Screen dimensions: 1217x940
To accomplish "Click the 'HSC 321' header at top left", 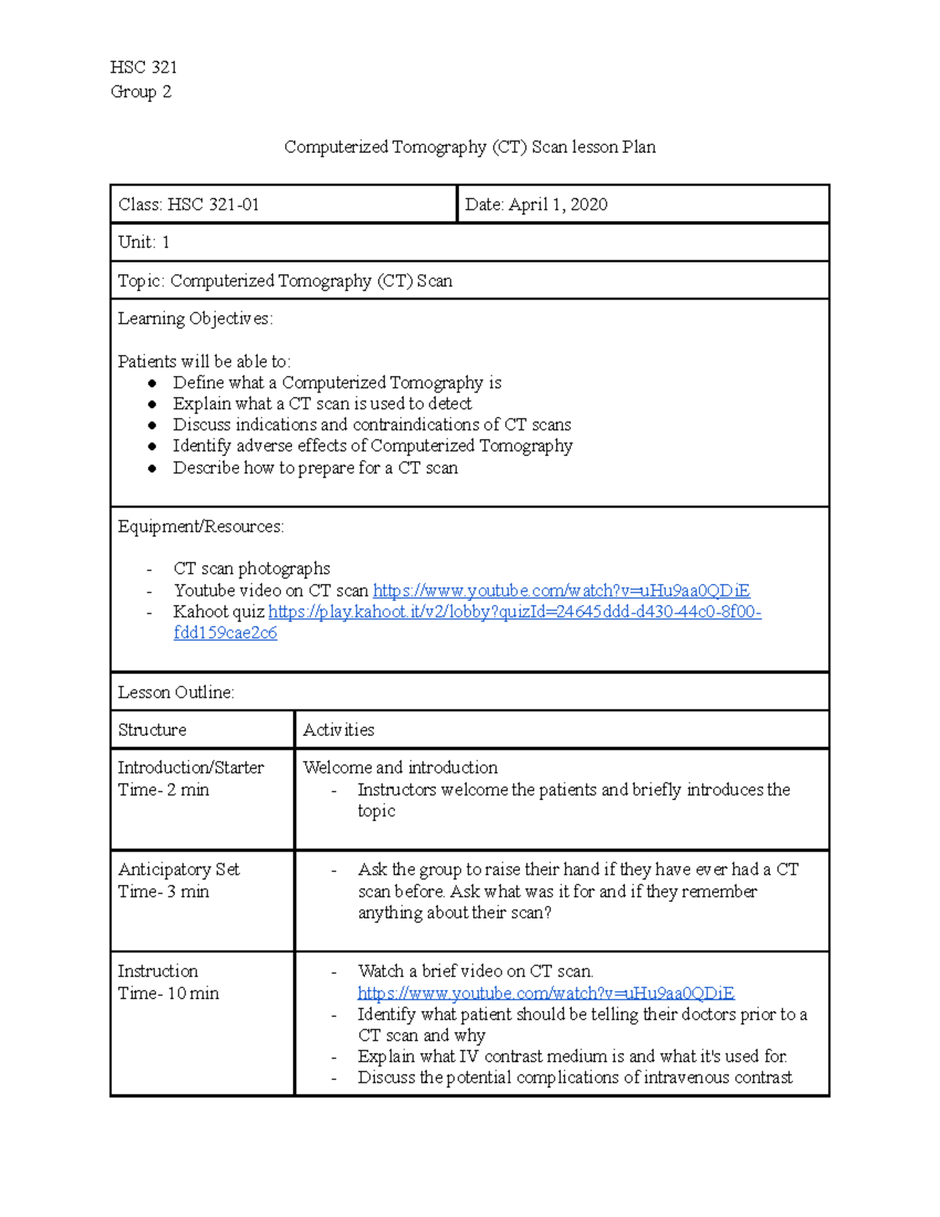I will (143, 67).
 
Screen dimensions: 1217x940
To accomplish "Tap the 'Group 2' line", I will (140, 92).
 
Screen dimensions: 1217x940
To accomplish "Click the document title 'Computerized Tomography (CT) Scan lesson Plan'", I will (469, 147).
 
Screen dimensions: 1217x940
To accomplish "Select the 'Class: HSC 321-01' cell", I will (189, 205).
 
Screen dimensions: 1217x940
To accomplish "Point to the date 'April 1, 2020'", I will (558, 205).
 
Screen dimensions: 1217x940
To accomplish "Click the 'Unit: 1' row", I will (143, 242).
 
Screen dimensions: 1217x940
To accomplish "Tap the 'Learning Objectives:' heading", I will (195, 318).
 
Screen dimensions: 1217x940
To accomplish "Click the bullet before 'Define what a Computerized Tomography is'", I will (153, 383).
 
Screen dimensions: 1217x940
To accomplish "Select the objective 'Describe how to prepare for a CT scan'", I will (315, 468).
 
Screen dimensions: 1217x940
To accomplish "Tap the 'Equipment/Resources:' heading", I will (201, 527).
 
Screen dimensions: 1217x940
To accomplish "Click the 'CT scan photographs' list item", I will (251, 568).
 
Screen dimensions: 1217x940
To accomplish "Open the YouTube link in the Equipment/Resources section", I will (561, 590).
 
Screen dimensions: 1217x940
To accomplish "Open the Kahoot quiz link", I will (514, 612).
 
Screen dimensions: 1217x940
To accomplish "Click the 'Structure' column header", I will (152, 730).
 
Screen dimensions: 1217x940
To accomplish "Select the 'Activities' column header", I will (338, 730).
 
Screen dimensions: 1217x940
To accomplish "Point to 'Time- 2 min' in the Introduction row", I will (163, 790).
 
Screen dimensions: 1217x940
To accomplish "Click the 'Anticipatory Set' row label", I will (179, 869).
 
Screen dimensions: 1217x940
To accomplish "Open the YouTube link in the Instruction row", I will (545, 993).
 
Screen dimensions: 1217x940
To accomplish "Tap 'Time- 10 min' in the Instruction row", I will (168, 993).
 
